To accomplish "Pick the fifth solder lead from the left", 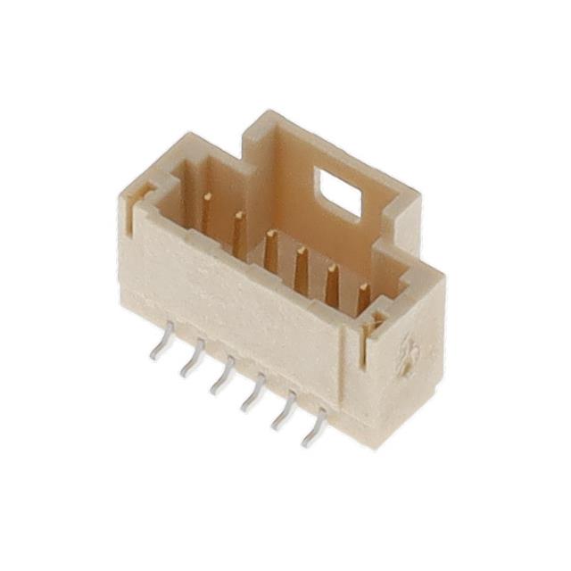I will [x=284, y=413].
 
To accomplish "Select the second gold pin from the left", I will [x=237, y=230].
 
